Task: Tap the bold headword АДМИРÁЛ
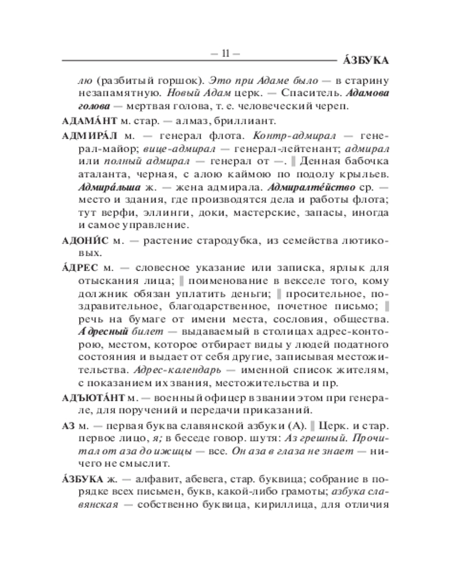click(89, 137)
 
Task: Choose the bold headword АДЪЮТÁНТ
click(94, 396)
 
